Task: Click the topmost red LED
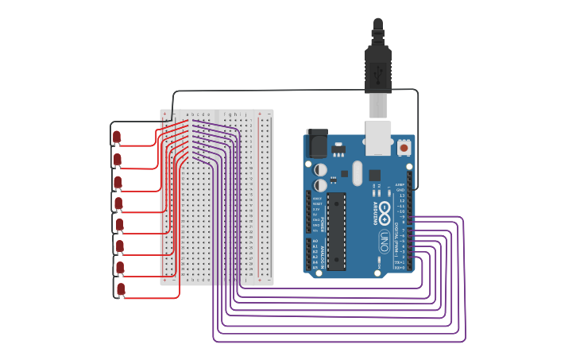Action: (117, 137)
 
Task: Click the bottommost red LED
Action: (121, 288)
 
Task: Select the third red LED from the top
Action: (118, 182)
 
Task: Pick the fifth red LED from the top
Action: (119, 224)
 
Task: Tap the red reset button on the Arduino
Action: (404, 148)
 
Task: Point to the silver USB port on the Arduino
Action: (378, 137)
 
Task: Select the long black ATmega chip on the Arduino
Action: (336, 230)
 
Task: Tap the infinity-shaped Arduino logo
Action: (385, 212)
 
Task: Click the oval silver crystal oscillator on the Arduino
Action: (357, 172)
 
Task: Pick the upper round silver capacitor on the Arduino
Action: (320, 169)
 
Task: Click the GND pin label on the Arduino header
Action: (400, 190)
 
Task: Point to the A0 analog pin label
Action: (315, 241)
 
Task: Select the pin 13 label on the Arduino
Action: (401, 195)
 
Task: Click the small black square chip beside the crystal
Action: (374, 175)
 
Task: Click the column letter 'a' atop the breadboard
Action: (187, 114)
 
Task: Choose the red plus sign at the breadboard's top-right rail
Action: (259, 114)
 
